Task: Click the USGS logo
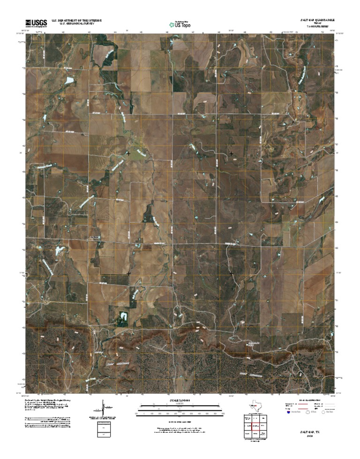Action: (x=36, y=23)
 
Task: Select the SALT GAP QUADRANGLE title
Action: (x=318, y=21)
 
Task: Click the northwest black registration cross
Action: (x=128, y=153)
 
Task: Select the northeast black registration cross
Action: (x=231, y=153)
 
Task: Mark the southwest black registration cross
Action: (x=128, y=273)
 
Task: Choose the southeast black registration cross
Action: (x=231, y=273)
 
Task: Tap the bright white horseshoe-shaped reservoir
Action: (x=123, y=317)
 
